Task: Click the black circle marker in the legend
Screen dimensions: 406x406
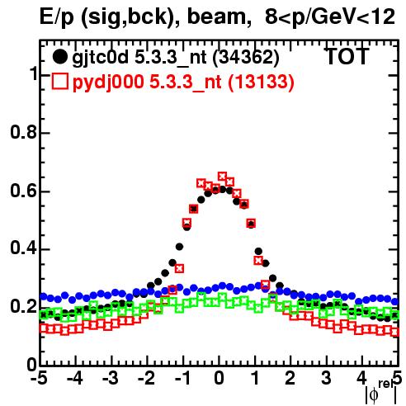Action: click(x=59, y=57)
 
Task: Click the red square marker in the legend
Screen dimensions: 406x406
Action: click(x=59, y=82)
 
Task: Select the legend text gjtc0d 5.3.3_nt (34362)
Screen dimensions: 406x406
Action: click(x=176, y=58)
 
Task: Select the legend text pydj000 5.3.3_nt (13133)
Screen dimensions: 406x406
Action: click(x=183, y=83)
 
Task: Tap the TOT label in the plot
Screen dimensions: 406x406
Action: click(x=347, y=56)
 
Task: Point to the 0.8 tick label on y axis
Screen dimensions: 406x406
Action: click(x=23, y=132)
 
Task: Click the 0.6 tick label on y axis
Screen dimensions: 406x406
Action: click(x=23, y=191)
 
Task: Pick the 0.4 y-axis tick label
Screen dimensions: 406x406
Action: click(x=23, y=248)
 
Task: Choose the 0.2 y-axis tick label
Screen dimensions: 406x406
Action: click(x=23, y=307)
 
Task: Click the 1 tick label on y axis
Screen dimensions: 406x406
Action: click(x=34, y=73)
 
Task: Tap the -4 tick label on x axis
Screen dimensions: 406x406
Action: click(x=75, y=378)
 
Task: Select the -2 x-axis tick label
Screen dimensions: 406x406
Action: click(x=147, y=378)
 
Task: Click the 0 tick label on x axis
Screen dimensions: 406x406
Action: click(x=219, y=378)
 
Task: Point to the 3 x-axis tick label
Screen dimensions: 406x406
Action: click(x=327, y=378)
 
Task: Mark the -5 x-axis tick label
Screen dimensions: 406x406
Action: click(x=39, y=378)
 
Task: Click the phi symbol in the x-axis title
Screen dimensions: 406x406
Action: click(x=374, y=395)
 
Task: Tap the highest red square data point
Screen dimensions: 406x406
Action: click(x=222, y=176)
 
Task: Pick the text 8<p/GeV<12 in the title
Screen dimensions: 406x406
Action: click(x=330, y=17)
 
